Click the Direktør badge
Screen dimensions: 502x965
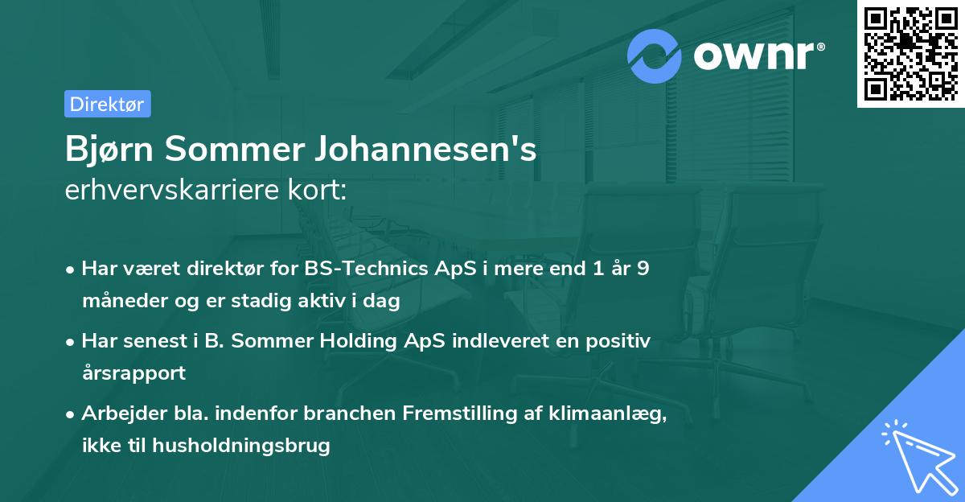tap(107, 104)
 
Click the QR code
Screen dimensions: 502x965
tap(910, 53)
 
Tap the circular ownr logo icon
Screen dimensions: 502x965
tap(655, 56)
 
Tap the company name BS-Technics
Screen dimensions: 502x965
tap(367, 269)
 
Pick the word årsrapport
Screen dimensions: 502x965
tap(133, 373)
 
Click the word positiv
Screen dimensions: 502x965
tap(619, 341)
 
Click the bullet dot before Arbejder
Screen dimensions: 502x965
tap(72, 414)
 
